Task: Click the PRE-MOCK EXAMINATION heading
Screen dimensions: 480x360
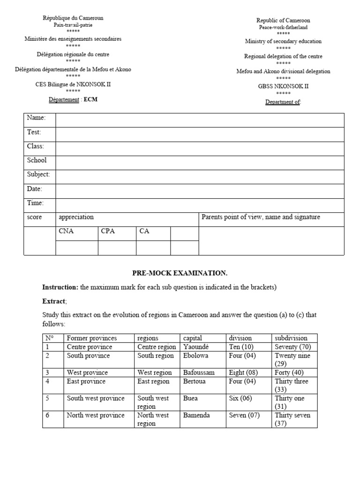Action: tap(180, 273)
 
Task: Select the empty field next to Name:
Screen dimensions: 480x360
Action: tap(200, 120)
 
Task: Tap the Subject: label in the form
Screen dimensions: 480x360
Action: tap(38, 174)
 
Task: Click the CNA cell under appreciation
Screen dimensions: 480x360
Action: tap(66, 231)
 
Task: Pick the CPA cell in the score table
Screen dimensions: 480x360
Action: tap(107, 231)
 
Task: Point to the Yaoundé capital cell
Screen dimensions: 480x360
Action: tap(196, 347)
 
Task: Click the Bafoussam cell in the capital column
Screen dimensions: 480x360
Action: tap(199, 373)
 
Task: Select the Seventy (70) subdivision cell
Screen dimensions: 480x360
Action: tap(292, 347)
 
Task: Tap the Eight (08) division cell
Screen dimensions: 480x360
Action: tap(244, 373)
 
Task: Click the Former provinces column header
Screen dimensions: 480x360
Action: tap(92, 338)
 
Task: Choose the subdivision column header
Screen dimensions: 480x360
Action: tap(291, 338)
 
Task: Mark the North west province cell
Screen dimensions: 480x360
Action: tap(96, 415)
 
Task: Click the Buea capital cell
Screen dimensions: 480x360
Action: tap(190, 398)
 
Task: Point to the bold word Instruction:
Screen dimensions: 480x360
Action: tap(60, 287)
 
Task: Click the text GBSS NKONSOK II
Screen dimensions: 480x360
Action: tap(283, 86)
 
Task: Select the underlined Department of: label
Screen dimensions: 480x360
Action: tap(283, 102)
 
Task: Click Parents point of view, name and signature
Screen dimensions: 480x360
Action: tap(261, 217)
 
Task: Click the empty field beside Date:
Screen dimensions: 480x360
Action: tap(200, 189)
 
